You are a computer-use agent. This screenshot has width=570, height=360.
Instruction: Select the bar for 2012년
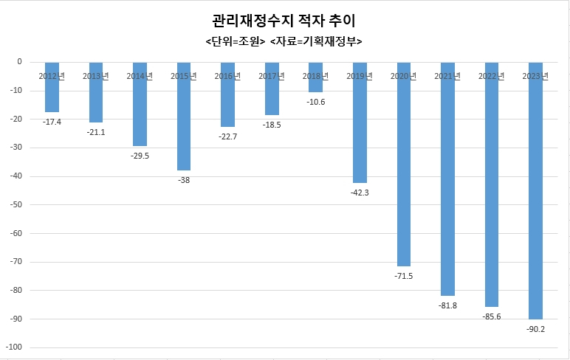52,92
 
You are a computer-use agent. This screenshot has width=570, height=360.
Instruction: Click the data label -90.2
535,329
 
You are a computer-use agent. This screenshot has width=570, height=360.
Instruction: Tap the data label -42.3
360,193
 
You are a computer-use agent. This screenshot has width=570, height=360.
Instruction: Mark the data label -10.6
315,102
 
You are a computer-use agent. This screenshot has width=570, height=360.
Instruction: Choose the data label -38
184,180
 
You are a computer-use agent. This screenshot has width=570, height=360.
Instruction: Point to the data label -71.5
403,276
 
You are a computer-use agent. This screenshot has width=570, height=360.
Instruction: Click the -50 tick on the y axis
15,204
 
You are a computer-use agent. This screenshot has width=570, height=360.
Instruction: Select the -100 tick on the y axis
13,347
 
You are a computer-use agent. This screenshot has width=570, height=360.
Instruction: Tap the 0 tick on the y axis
19,62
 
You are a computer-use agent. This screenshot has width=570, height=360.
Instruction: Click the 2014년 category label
140,76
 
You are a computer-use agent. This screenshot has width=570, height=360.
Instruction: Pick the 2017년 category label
272,76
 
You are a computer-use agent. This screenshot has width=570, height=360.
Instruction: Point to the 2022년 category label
491,76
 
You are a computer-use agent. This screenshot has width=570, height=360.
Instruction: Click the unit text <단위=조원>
235,41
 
